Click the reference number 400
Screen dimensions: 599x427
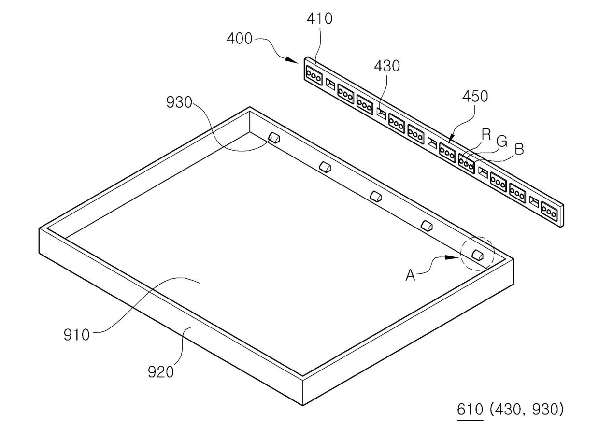click(x=239, y=38)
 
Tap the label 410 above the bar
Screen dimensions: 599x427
click(x=320, y=19)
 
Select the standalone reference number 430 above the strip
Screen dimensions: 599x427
click(x=386, y=66)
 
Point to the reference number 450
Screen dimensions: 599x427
click(x=474, y=96)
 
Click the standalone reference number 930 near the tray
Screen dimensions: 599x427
click(x=179, y=102)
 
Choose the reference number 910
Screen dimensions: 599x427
click(x=77, y=334)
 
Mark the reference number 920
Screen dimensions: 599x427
click(x=160, y=372)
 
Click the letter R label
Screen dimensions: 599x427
click(x=486, y=135)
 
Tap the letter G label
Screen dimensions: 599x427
click(x=502, y=142)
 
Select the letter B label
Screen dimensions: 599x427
click(x=519, y=149)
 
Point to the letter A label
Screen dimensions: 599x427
click(x=410, y=275)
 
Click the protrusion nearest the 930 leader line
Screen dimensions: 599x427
click(x=274, y=138)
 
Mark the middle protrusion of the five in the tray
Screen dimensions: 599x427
click(x=376, y=196)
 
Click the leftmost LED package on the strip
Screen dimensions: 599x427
click(x=314, y=75)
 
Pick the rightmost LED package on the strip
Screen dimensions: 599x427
click(x=550, y=210)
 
